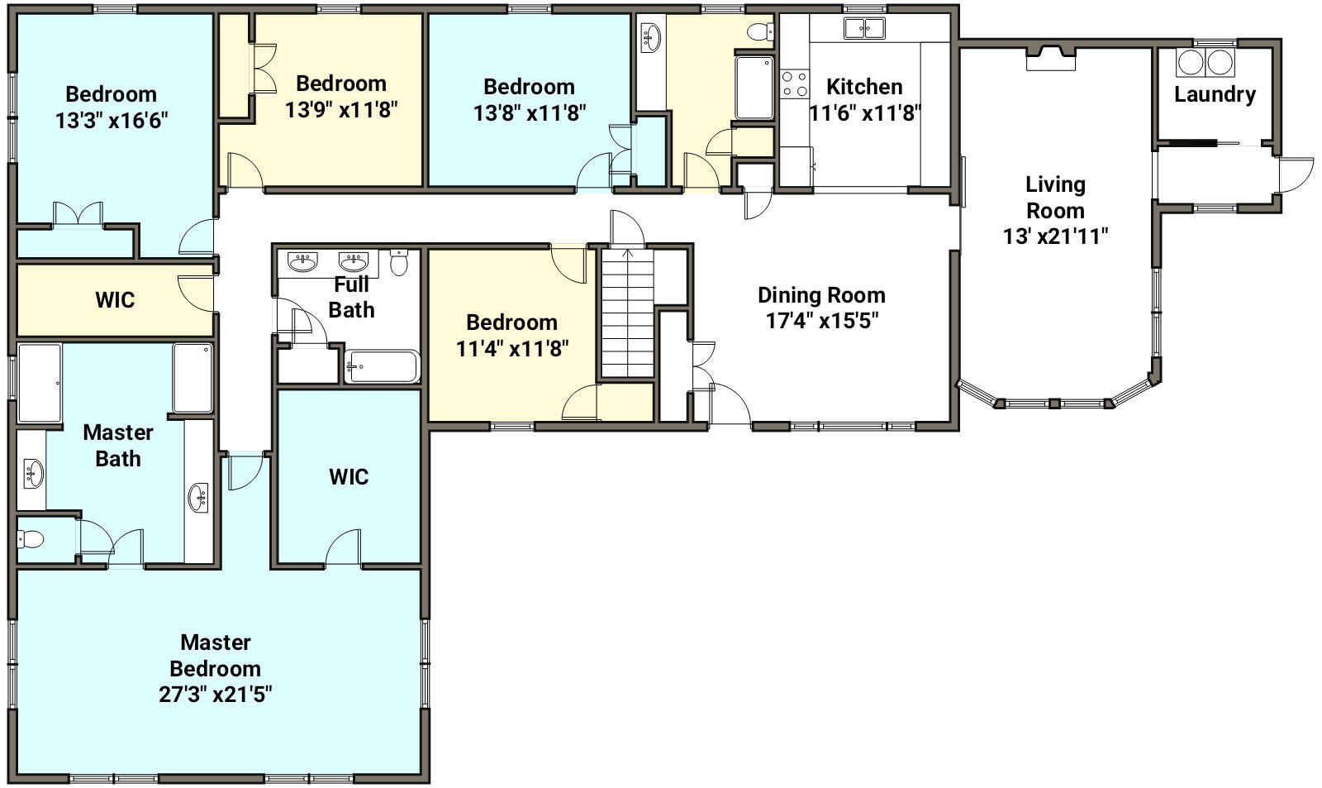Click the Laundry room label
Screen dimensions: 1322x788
point(1215,94)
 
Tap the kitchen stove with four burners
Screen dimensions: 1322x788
point(794,84)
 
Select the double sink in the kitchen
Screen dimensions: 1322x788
point(864,28)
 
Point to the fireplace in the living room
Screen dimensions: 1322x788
point(1050,58)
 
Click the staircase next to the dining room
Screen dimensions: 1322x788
point(627,313)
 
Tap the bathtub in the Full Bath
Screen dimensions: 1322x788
point(382,367)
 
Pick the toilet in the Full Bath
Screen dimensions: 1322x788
point(400,262)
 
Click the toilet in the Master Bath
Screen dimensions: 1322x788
point(31,539)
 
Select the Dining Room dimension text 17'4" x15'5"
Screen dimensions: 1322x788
point(821,321)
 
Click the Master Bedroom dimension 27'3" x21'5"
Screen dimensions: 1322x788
point(216,694)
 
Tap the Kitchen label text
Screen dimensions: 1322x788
point(864,87)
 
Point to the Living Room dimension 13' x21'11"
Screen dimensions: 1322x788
point(1055,236)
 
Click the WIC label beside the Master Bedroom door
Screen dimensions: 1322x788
point(349,477)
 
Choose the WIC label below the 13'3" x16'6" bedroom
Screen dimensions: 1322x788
point(115,300)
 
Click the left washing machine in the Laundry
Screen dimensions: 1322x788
point(1189,62)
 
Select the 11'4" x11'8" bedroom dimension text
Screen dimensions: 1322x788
point(512,348)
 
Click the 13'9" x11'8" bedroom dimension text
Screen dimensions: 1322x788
point(341,109)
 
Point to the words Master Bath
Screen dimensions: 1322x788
point(118,446)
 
